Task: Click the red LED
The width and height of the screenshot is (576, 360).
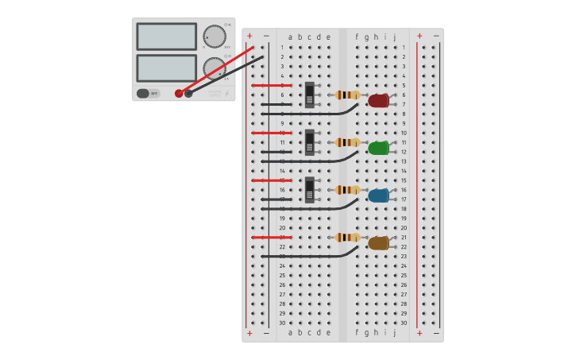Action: click(378, 101)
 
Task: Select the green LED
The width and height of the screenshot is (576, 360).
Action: click(378, 148)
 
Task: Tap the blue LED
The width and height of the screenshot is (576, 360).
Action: click(378, 195)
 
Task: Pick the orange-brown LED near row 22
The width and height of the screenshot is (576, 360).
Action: click(378, 243)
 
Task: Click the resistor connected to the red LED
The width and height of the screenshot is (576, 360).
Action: click(347, 95)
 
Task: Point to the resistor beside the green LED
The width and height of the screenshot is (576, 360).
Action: click(347, 142)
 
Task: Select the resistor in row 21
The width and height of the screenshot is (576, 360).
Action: click(347, 238)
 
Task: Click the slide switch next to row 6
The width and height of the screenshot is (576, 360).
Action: click(310, 95)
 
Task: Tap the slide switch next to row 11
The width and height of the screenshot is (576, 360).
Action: click(310, 142)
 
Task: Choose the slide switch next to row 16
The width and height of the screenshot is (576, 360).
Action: click(310, 190)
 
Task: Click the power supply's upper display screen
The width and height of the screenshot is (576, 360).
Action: click(166, 37)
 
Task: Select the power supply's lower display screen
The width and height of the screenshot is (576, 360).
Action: click(166, 68)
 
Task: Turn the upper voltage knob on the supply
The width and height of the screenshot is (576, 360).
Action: click(214, 36)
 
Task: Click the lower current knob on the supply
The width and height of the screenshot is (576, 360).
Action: click(213, 68)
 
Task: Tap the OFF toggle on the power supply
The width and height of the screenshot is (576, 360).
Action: click(148, 93)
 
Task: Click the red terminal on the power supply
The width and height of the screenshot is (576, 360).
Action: click(179, 93)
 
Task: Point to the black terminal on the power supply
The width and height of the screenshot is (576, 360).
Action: click(188, 93)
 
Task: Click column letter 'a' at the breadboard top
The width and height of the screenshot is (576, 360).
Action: click(291, 37)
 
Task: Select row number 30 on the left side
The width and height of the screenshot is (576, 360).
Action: click(282, 323)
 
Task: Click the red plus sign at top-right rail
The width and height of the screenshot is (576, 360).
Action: click(419, 36)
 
